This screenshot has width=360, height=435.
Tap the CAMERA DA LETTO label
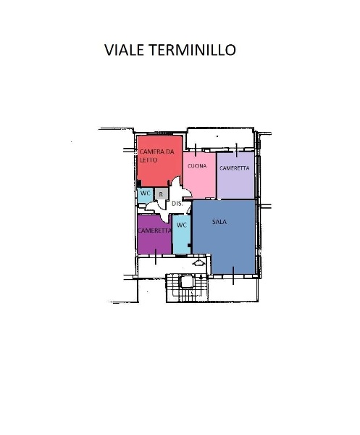tap(157, 155)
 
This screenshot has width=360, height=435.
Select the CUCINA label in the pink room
tap(197, 166)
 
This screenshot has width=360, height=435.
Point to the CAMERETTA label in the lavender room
tap(235, 167)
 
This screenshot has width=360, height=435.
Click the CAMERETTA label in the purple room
tap(154, 230)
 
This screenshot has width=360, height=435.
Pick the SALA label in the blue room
tap(220, 222)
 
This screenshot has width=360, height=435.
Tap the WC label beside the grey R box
tap(145, 194)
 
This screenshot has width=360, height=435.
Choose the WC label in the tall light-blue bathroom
tap(182, 225)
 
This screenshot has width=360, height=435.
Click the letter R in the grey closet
tap(161, 194)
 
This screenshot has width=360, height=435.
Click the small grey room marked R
tap(161, 194)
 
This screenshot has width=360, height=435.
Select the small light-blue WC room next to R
tap(145, 194)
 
